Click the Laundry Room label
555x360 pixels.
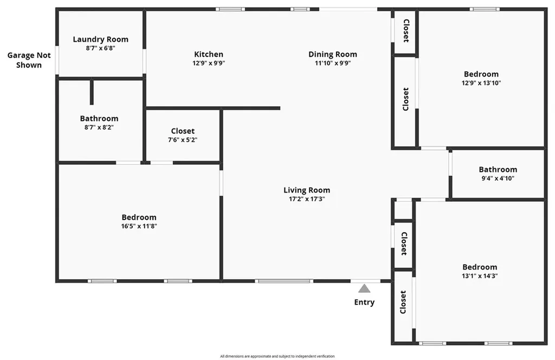tap(101, 39)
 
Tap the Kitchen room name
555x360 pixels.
tap(209, 54)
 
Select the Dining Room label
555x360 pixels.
tap(333, 54)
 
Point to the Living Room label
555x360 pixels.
tap(307, 190)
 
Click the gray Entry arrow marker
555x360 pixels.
tap(365, 288)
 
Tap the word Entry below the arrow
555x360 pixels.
tap(364, 302)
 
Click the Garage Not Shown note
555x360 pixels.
tap(29, 60)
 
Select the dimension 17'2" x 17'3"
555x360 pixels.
tap(307, 199)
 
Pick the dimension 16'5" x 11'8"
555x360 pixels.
tap(139, 226)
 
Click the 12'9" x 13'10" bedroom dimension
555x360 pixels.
tap(481, 83)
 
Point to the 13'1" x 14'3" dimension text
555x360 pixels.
tap(480, 275)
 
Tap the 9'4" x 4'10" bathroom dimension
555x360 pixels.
tap(498, 178)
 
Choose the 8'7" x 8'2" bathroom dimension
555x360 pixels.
tap(99, 127)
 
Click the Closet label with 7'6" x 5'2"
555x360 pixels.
tap(183, 131)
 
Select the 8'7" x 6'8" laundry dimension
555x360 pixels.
tap(101, 48)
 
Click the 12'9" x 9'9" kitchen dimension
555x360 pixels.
tap(209, 63)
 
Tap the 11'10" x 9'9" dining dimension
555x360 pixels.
tap(333, 63)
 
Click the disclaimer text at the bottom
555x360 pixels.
tap(277, 356)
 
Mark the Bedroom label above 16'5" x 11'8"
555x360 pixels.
tap(139, 217)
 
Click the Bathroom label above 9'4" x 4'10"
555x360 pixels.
tap(498, 169)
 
